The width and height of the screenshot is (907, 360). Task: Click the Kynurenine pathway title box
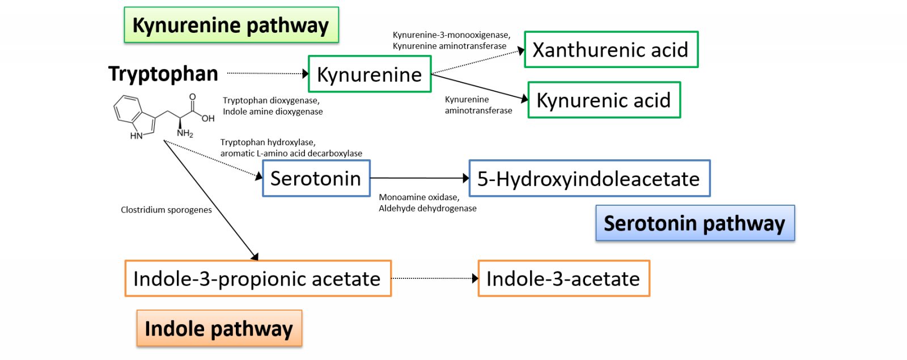[231, 25]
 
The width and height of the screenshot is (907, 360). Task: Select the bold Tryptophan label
[163, 74]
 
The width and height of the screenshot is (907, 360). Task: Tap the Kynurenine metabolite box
[370, 74]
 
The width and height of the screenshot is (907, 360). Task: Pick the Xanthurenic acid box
[611, 50]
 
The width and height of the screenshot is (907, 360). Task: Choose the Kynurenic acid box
[604, 100]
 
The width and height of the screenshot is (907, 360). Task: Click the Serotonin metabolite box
[316, 179]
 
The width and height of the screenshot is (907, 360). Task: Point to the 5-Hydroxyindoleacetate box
[589, 179]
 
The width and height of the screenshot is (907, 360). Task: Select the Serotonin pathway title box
[695, 223]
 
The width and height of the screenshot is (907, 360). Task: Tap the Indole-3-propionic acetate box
[258, 278]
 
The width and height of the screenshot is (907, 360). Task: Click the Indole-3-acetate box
[563, 278]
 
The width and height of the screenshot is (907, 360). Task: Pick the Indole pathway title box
[219, 328]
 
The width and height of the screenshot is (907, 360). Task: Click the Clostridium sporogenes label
[166, 210]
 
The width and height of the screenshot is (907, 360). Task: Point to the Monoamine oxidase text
[419, 197]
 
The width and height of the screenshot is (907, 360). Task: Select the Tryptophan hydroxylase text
[268, 142]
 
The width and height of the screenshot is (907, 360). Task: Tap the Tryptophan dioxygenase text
[271, 100]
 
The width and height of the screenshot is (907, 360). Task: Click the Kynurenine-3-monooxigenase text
[451, 35]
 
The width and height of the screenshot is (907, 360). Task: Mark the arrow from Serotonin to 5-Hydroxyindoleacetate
[419, 178]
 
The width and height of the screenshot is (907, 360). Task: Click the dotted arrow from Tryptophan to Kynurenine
[266, 73]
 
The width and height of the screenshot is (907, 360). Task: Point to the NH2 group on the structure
[185, 133]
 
